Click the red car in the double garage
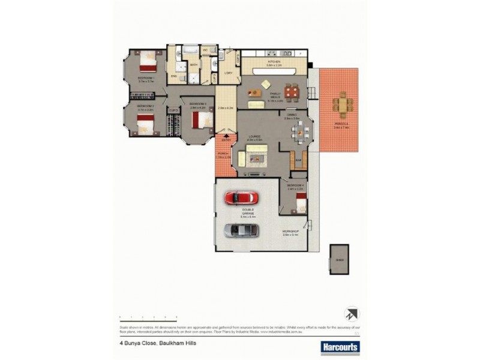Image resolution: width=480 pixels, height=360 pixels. tap(242, 197)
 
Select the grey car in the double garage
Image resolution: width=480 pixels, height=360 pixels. tap(242, 230)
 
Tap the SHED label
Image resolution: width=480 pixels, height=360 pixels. tap(340, 260)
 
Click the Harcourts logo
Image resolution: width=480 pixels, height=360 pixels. tap(340, 346)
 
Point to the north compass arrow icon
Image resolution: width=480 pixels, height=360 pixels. tap(352, 314)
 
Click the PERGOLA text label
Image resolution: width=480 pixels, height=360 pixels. tap(340, 126)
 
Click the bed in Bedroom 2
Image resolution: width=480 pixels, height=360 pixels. tap(146, 125)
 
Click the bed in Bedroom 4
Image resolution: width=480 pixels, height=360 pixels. tap(301, 206)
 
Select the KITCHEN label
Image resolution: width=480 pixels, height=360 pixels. tap(274, 62)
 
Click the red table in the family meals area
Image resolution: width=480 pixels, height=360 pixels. tap(292, 92)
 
